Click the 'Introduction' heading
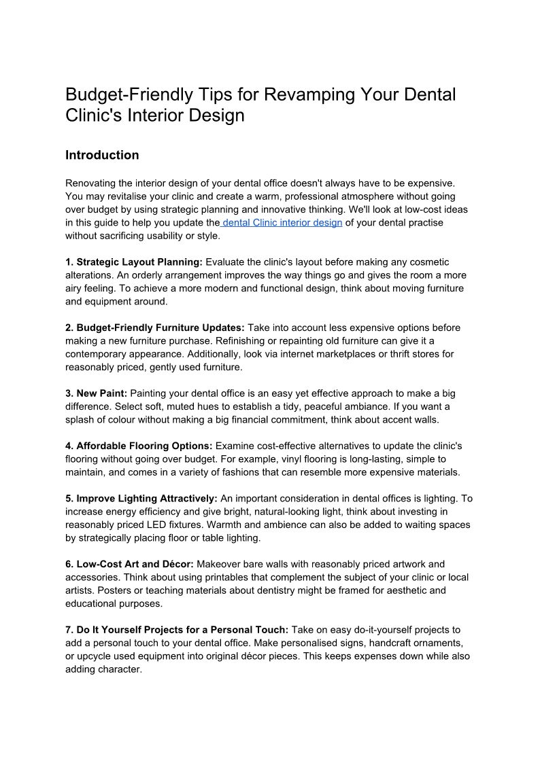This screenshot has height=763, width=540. (x=102, y=155)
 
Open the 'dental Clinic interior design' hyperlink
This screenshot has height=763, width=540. (x=282, y=223)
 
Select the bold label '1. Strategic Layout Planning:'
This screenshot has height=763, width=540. (x=134, y=262)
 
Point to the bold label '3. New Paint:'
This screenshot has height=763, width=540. (x=97, y=393)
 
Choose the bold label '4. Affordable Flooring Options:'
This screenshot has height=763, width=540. (x=139, y=446)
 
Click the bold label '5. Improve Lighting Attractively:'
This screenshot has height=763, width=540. (x=141, y=498)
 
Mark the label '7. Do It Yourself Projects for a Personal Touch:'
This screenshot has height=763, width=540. (x=177, y=630)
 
